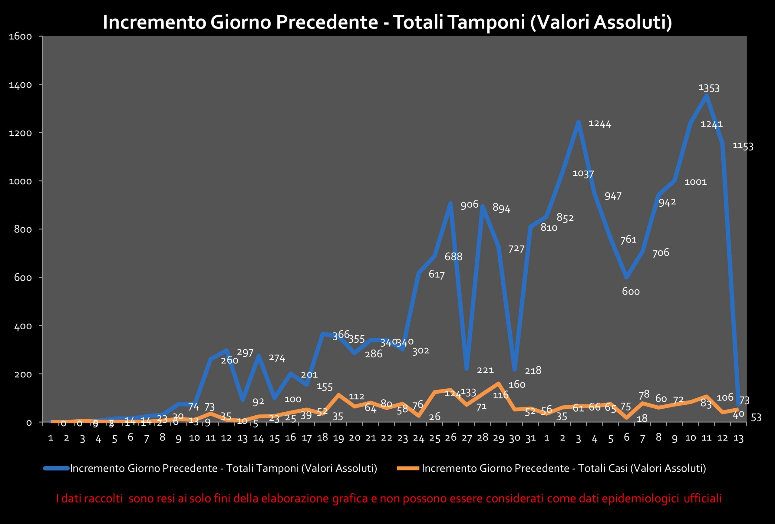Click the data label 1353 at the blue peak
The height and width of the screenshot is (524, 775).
[x=709, y=88]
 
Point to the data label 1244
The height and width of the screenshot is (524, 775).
[x=600, y=124]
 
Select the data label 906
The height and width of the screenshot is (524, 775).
[x=469, y=204]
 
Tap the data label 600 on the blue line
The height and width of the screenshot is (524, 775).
[x=631, y=292]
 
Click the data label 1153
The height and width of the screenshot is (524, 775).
[x=743, y=146]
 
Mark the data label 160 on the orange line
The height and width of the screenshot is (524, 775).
[x=516, y=384]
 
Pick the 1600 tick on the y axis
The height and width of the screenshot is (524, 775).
[x=20, y=36]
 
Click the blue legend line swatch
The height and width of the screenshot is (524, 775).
[x=56, y=468]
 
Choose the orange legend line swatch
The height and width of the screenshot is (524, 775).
[x=408, y=468]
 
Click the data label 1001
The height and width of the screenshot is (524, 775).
[x=695, y=182]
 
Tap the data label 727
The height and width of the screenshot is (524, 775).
[x=516, y=249]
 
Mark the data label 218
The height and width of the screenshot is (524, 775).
[x=533, y=371]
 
